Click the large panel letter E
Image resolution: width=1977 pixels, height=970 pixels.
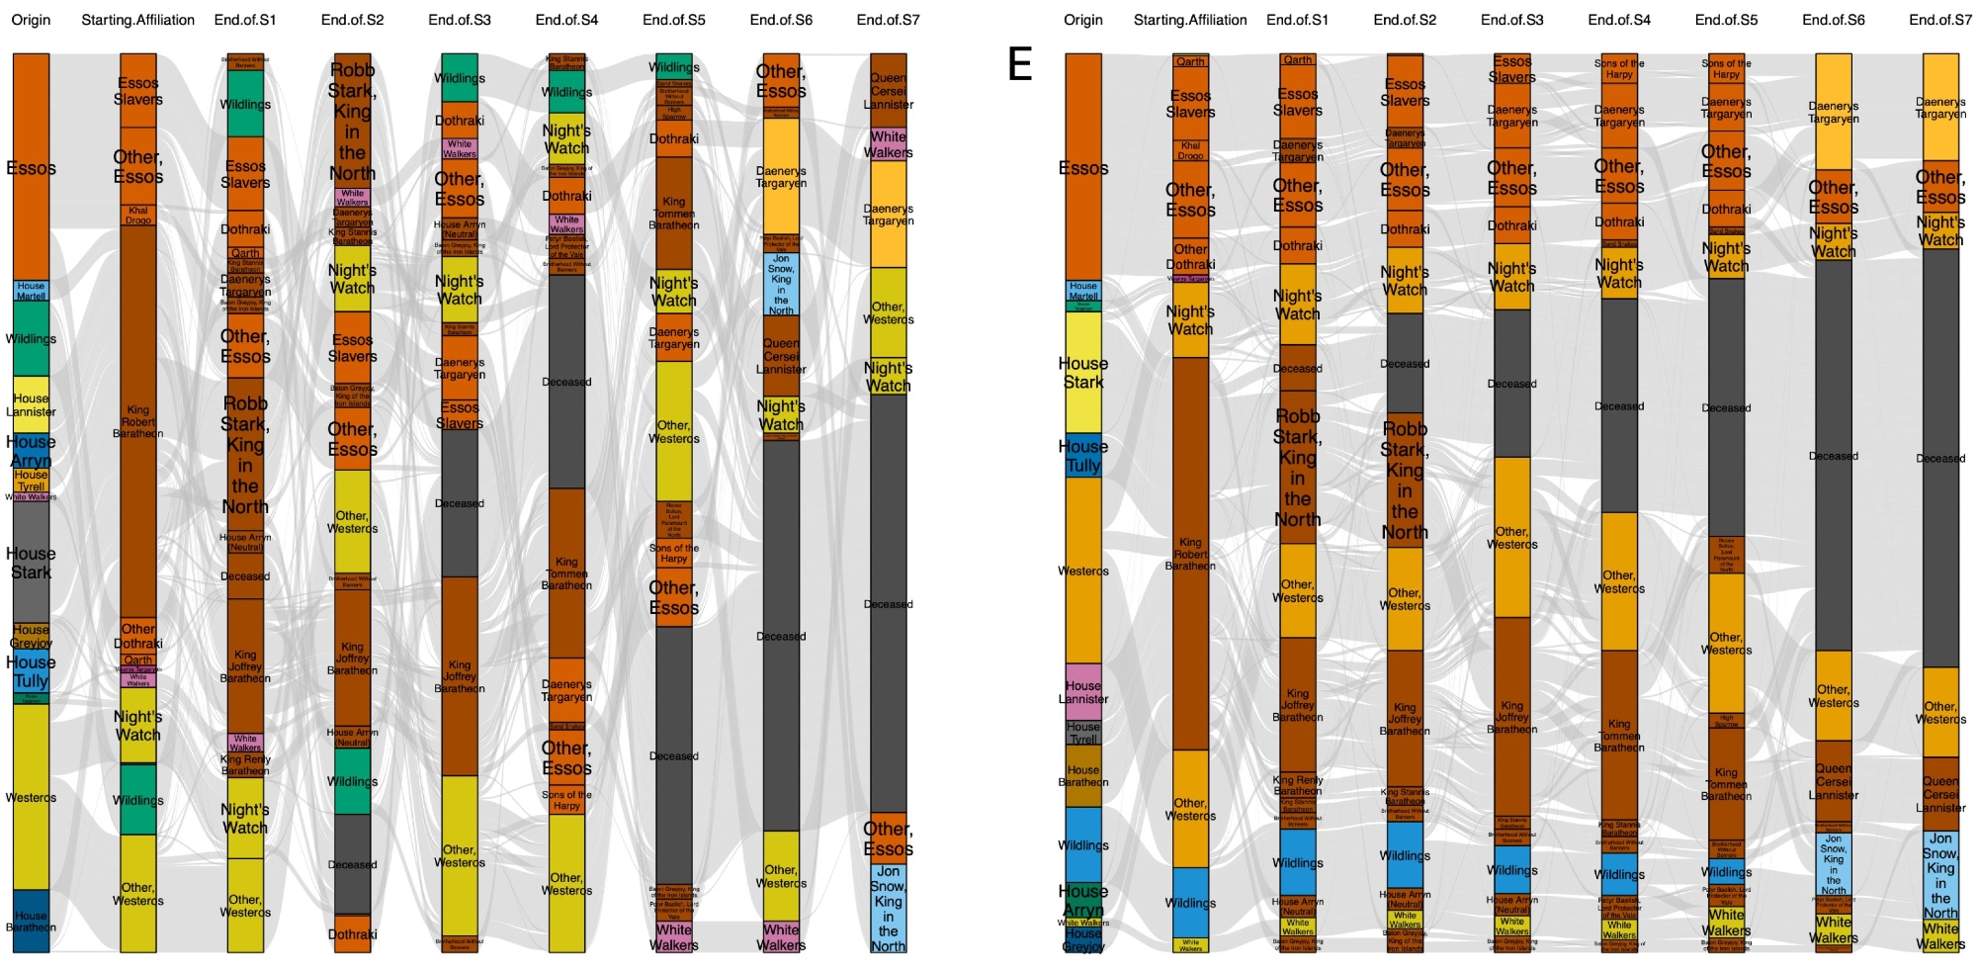click(1019, 64)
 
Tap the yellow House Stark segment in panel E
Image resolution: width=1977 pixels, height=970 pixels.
click(1082, 372)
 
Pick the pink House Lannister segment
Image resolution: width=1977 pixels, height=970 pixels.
click(1082, 691)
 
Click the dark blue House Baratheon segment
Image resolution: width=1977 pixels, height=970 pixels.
click(31, 921)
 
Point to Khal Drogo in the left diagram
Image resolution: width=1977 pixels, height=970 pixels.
click(137, 215)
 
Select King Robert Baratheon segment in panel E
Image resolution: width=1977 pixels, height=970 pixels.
click(1190, 554)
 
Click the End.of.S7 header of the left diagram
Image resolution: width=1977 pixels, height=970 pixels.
click(888, 20)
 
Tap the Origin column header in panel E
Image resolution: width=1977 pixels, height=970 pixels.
click(1082, 20)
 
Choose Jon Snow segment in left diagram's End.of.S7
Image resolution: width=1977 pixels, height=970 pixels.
click(888, 908)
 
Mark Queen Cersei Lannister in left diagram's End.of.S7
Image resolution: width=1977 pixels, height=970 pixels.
click(888, 91)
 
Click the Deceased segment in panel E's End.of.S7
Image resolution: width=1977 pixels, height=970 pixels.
click(1939, 458)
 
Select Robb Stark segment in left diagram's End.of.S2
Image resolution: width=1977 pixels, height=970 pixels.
click(352, 122)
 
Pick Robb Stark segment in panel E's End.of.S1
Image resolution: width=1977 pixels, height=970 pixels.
click(1297, 467)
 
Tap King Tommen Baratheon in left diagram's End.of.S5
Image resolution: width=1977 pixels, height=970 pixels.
click(673, 213)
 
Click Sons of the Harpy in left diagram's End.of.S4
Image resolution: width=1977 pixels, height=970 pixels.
click(566, 800)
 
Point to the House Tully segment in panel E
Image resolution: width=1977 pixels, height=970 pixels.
click(1082, 455)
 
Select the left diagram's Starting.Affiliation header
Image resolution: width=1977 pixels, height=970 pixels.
click(137, 20)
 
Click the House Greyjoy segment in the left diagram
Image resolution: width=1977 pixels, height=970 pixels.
click(31, 636)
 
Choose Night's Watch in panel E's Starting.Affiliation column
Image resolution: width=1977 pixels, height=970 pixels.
click(1190, 320)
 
